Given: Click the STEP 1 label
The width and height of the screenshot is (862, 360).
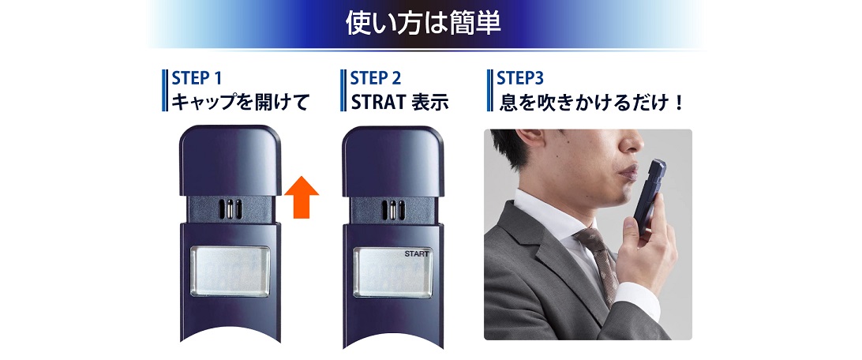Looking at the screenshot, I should (x=197, y=79).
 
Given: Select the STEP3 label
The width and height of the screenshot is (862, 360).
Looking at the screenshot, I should (x=521, y=79).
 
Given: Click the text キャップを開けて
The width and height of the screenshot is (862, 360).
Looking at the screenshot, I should (x=239, y=103).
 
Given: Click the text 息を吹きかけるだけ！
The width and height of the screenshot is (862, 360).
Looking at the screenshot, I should (x=592, y=103).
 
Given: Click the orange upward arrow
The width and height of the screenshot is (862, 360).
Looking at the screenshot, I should (x=301, y=197).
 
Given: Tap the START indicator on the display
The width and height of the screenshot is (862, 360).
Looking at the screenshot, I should (x=417, y=254).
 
